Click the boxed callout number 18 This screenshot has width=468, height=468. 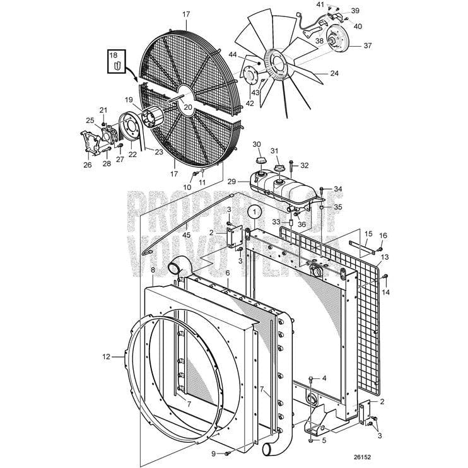[x=114, y=56]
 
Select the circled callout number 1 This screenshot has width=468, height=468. [x=253, y=213]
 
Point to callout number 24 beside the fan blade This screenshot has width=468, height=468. [x=334, y=73]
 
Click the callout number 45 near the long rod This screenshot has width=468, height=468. [x=186, y=235]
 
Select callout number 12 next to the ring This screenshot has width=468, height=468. [x=106, y=357]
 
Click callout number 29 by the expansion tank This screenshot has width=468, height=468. [x=231, y=182]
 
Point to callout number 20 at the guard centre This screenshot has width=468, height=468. [x=188, y=107]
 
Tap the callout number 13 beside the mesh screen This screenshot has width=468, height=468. [x=385, y=257]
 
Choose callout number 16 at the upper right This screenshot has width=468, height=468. [x=383, y=235]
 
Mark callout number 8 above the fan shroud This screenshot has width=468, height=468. [x=152, y=270]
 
